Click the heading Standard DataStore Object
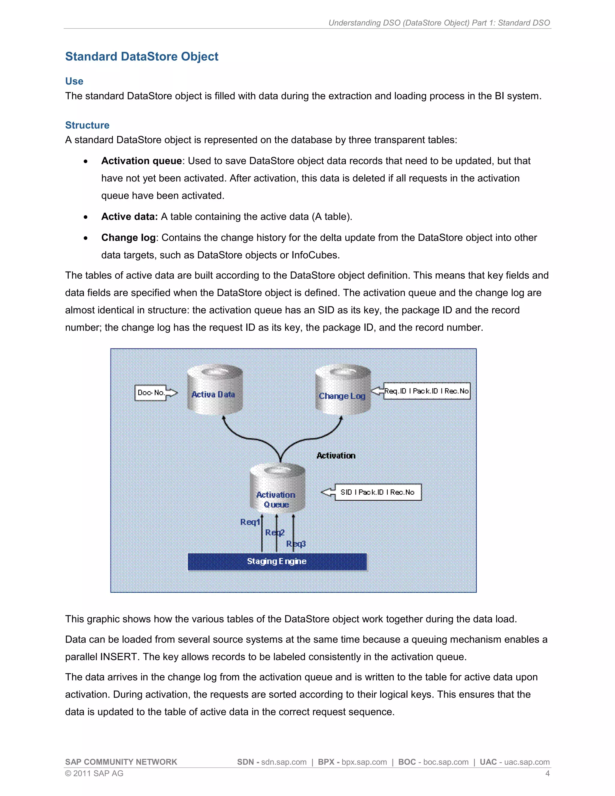point(141,56)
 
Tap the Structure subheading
point(87,125)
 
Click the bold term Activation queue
point(141,161)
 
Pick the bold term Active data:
point(129,217)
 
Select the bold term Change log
point(128,238)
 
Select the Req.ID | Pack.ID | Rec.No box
point(426,391)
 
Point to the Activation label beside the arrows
point(335,456)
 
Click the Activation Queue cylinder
point(277,488)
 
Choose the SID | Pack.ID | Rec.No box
point(377,492)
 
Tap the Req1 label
point(250,522)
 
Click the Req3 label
point(296,544)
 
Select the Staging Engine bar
point(277,561)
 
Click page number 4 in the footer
point(547,773)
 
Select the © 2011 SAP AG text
point(94,773)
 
